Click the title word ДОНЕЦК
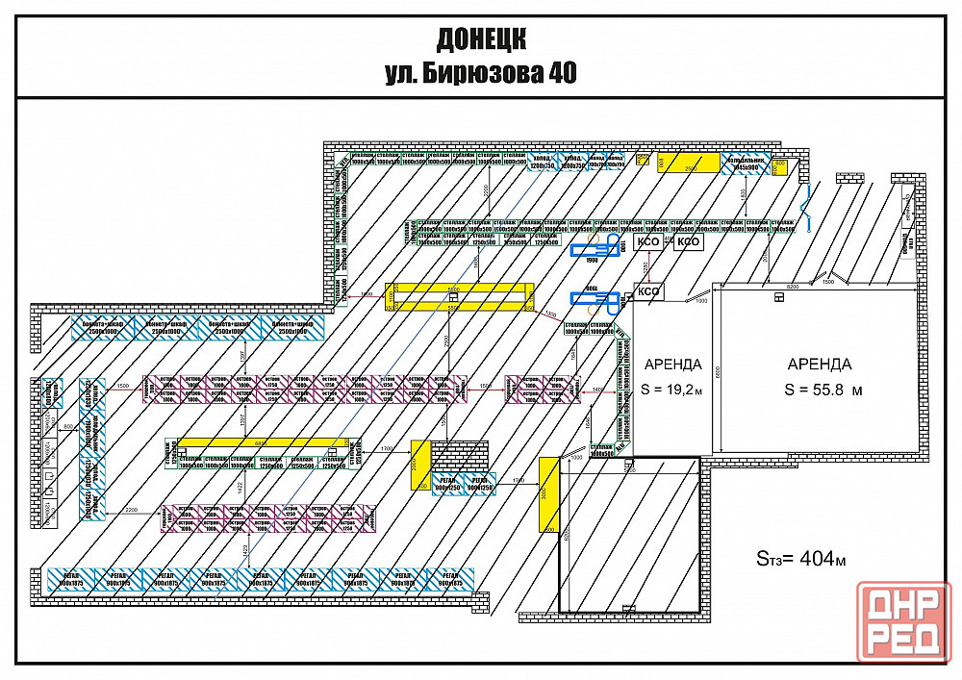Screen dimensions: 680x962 pos(480,39)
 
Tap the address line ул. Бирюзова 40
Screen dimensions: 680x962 pos(480,73)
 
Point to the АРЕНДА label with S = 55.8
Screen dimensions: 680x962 pos(819,364)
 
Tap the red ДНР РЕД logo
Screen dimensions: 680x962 pos(904,621)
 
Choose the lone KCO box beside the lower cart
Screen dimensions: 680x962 pos(649,291)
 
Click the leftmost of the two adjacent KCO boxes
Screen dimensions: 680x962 pos(650,242)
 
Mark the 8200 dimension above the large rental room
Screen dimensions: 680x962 pos(793,287)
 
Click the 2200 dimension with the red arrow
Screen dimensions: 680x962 pos(132,508)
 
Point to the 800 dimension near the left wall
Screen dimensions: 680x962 pos(68,425)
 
